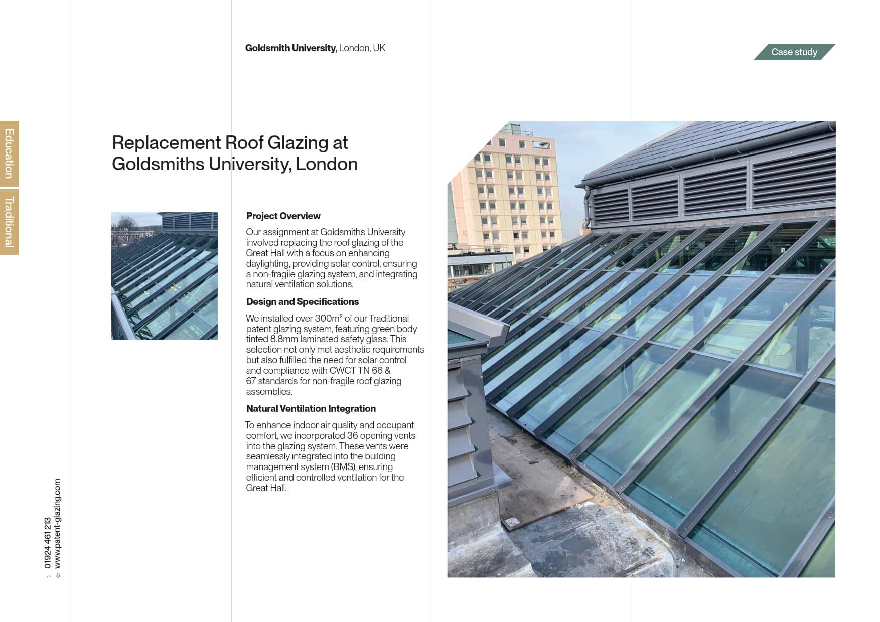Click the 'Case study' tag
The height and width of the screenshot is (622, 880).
coord(794,52)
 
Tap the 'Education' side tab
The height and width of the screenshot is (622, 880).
coord(9,153)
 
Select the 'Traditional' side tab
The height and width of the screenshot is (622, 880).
coord(9,222)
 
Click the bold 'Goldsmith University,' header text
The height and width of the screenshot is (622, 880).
coord(291,48)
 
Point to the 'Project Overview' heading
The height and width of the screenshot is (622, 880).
coord(283,216)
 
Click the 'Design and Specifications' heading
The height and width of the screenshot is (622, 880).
coord(302,302)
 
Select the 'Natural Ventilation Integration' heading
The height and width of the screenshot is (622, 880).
coord(311,409)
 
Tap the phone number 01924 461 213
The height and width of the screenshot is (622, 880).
coord(48,543)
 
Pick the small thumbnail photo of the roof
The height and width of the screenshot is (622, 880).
coord(165,276)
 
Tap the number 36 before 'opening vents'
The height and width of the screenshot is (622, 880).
coord(352,436)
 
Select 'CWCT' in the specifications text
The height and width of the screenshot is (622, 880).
coord(342,371)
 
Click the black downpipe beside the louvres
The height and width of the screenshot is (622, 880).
coord(587,206)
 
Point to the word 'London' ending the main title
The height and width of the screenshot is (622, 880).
coord(327,164)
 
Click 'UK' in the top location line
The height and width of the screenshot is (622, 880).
coord(379,48)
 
